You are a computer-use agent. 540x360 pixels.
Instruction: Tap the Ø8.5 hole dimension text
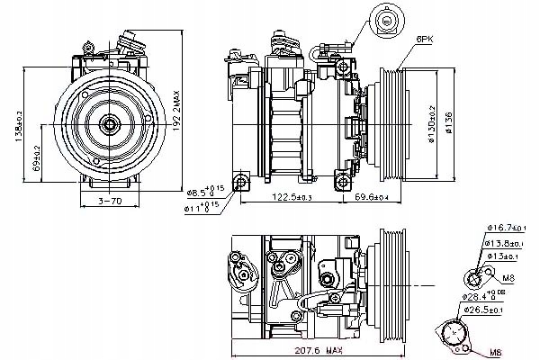pos(203,190)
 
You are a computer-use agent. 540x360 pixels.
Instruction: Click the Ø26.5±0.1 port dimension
pos(484,310)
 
